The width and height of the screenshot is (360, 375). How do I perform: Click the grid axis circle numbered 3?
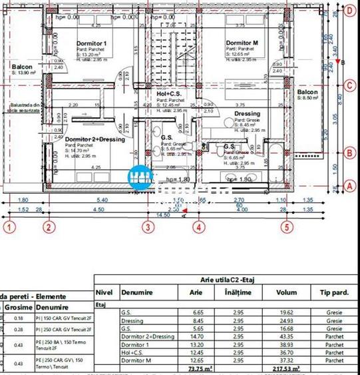point(148,226)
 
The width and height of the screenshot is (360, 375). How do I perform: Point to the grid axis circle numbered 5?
point(287,226)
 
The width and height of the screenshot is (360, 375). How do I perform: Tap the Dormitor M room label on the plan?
point(242,43)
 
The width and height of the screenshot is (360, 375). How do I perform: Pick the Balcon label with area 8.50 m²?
point(308,92)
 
